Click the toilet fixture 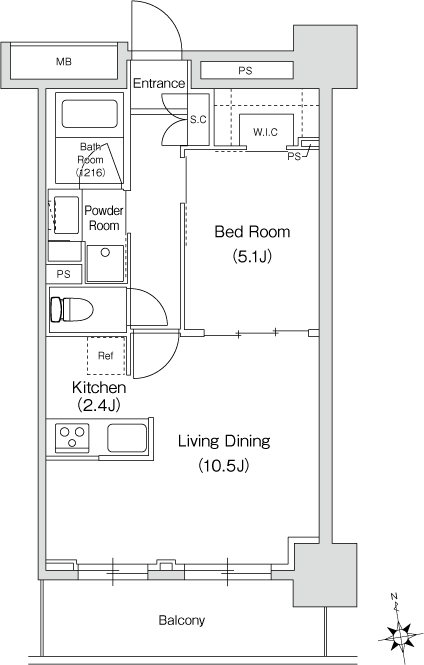[71, 310]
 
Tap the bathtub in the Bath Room [89, 113]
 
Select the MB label [64, 61]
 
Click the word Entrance [159, 83]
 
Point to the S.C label [198, 120]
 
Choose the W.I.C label [265, 132]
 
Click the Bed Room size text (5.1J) [252, 256]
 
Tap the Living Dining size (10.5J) [223, 466]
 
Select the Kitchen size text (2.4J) [99, 405]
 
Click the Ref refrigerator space [106, 355]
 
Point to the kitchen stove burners [72, 437]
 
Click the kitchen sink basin [127, 438]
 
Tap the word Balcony [182, 620]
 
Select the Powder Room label [104, 218]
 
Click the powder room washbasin [67, 215]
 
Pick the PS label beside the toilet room [64, 274]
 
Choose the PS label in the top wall [245, 71]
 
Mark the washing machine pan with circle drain [105, 263]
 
